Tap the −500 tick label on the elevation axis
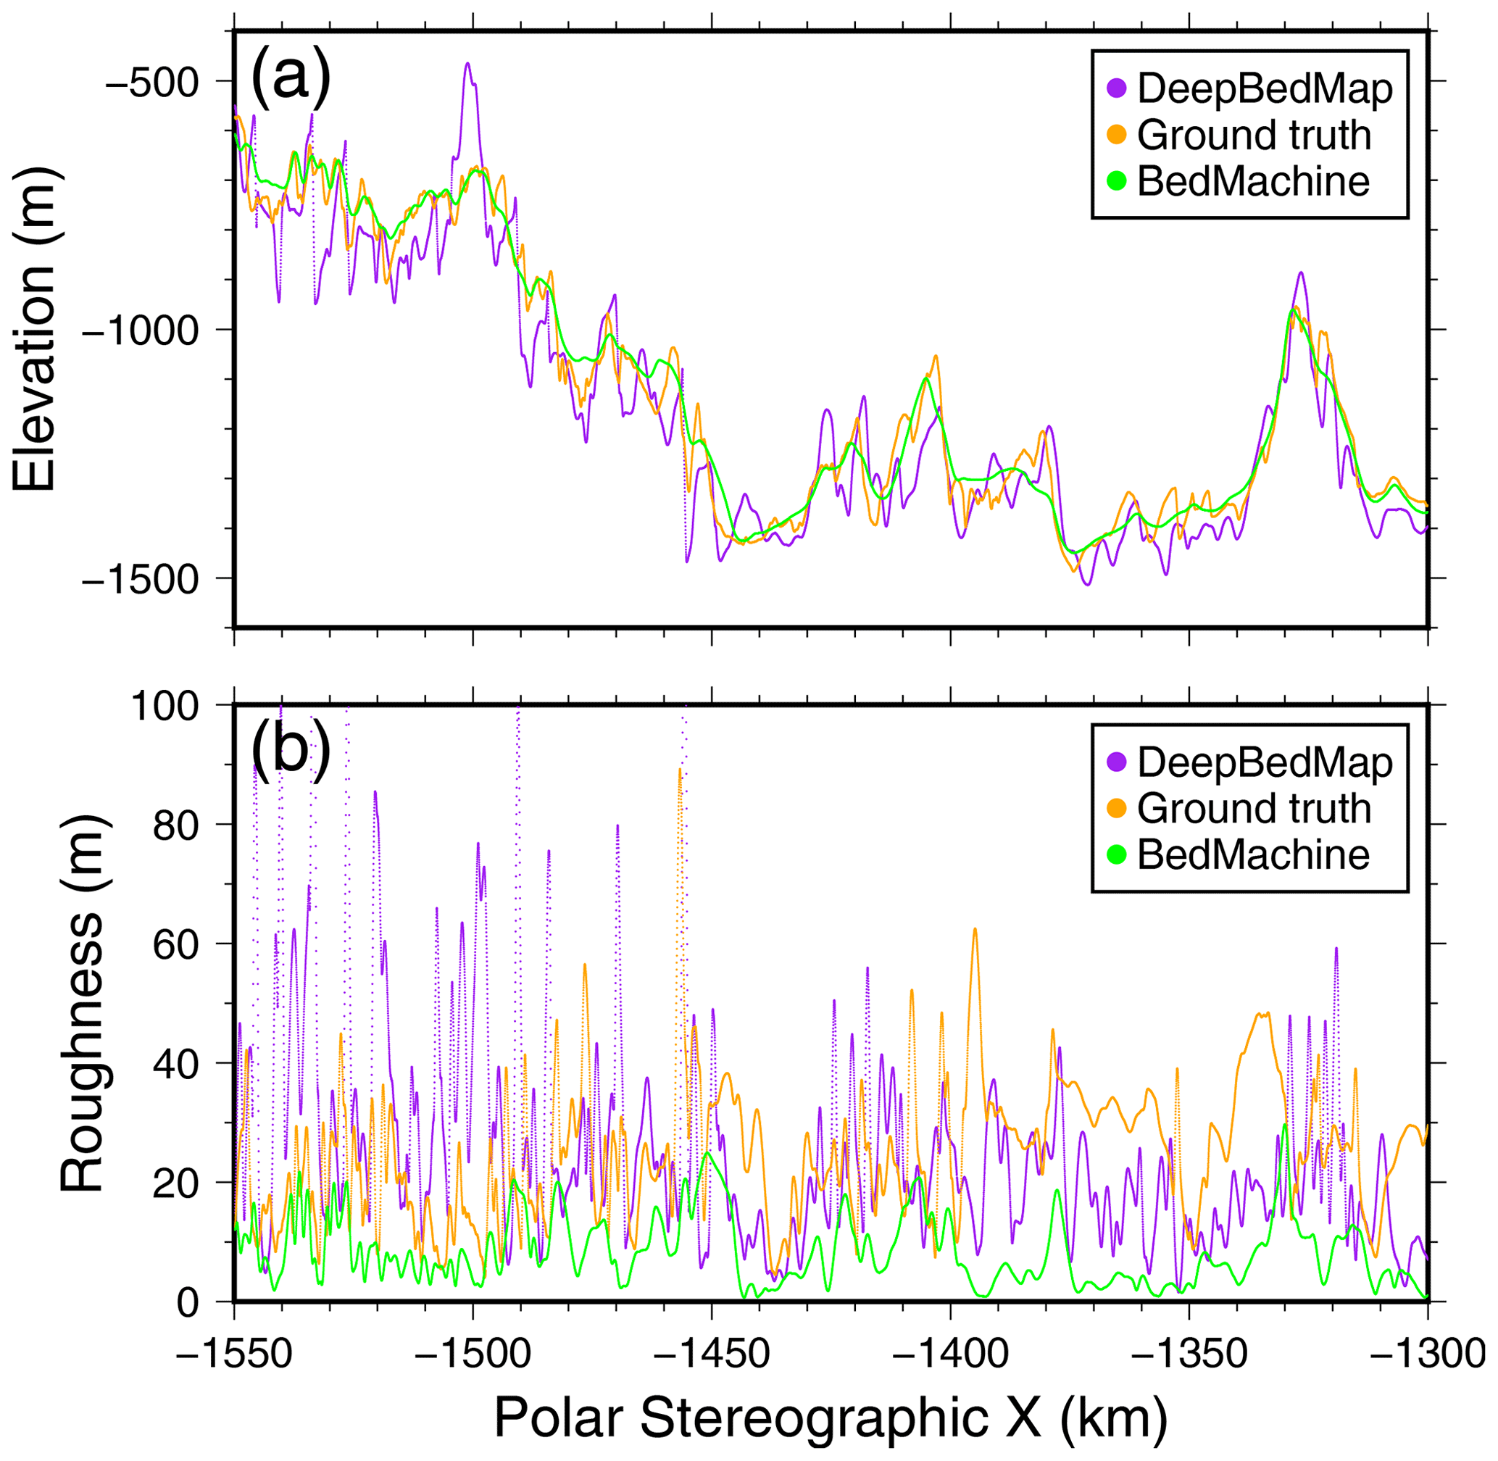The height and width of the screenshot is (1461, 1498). point(151,82)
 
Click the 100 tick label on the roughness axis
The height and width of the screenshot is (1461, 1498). point(165,706)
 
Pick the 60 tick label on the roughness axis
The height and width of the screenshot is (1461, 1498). point(177,944)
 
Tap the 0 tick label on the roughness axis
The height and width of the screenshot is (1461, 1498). point(188,1303)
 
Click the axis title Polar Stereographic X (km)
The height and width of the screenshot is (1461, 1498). point(831,1418)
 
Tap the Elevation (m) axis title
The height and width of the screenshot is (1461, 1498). point(35,330)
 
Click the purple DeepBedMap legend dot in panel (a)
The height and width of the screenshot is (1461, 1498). point(1117,89)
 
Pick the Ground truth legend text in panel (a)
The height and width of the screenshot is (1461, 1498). point(1254,135)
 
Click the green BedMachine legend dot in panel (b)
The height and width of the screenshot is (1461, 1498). point(1117,855)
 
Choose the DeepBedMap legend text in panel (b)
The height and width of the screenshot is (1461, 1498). point(1265,762)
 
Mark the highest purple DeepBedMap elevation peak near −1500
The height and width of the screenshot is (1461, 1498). point(467,64)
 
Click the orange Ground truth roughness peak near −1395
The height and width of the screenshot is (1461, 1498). point(975,930)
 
